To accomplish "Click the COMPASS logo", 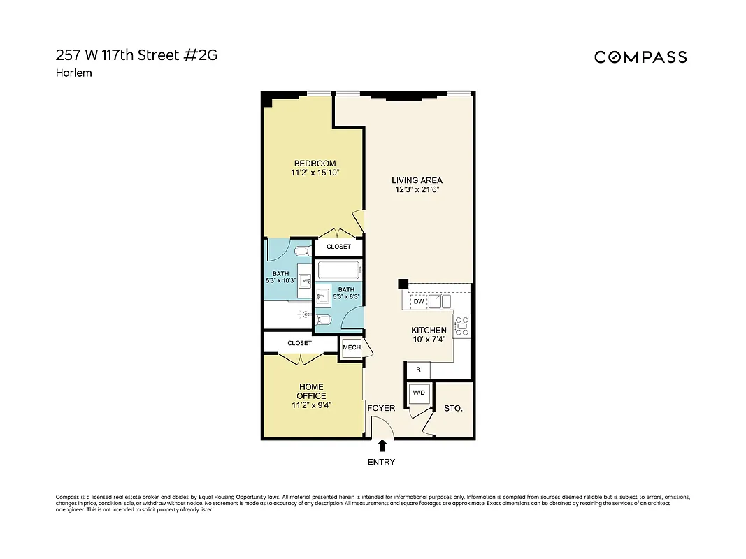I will point(640,57).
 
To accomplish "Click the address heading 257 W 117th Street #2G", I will point(136,55).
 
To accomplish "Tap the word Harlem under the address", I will point(73,73).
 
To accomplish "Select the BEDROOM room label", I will point(315,164).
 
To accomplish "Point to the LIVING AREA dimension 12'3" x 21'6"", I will point(417,189).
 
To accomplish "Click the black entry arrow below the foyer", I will point(382,445).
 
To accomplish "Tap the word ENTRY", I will point(382,462).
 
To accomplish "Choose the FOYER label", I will point(382,408).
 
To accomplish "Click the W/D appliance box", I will point(419,393).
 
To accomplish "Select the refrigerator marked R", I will point(418,370).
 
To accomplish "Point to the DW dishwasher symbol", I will point(418,302).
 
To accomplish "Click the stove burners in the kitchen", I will point(462,324).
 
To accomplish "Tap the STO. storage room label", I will point(453,408).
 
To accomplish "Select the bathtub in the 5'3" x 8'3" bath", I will point(339,269).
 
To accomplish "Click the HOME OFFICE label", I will point(312,391).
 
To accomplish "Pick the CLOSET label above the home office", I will point(299,343).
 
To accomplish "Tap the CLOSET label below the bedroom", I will point(338,247).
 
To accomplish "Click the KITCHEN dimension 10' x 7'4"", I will point(429,340).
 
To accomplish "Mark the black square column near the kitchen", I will point(403,284).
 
